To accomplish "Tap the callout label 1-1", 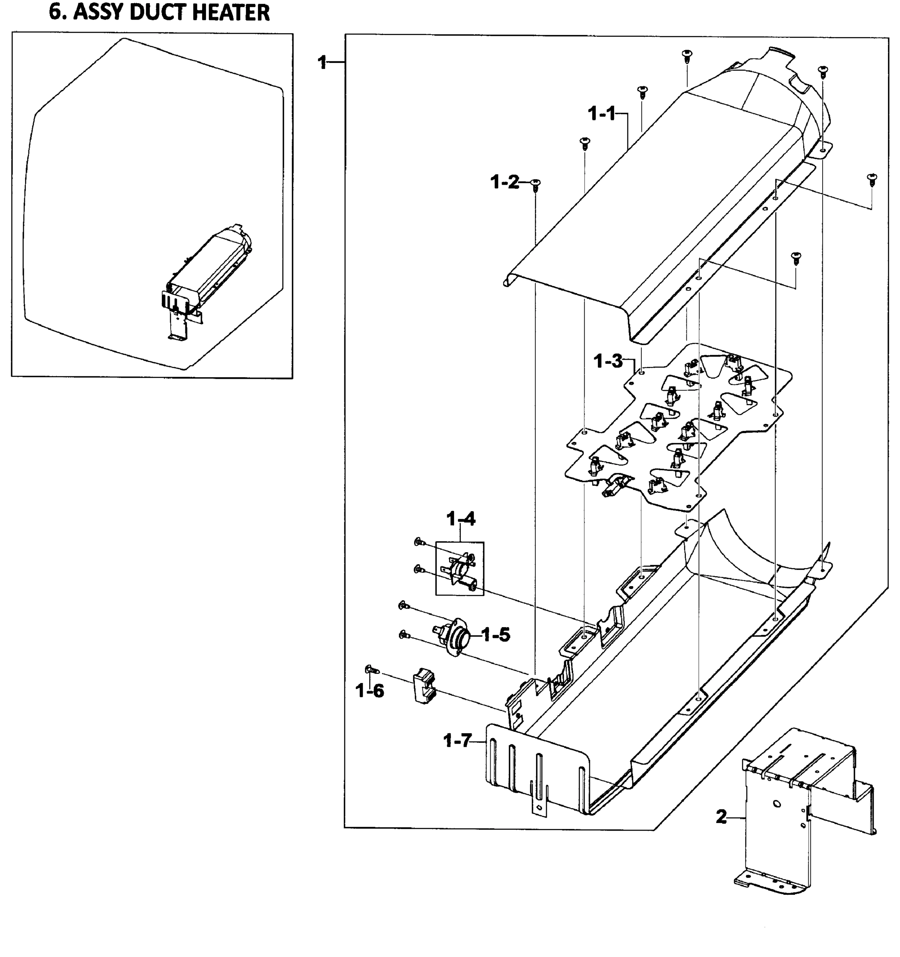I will pyautogui.click(x=601, y=114).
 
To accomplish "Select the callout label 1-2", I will pyautogui.click(x=504, y=183).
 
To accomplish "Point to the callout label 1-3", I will pyautogui.click(x=608, y=361).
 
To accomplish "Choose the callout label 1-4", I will pyautogui.click(x=461, y=519).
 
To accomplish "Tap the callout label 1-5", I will pyautogui.click(x=496, y=635).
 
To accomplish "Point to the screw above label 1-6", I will pyautogui.click(x=372, y=669).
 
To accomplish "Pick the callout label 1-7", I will pyautogui.click(x=457, y=740).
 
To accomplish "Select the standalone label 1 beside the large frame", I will pyautogui.click(x=322, y=62).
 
